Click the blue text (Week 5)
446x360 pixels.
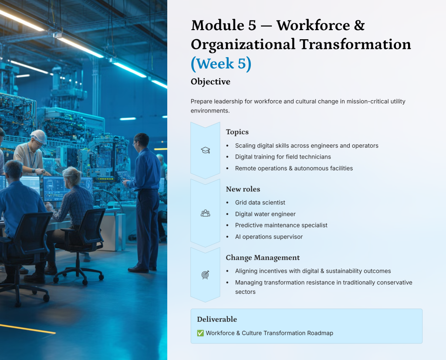click(221, 64)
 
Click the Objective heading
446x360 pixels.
click(210, 82)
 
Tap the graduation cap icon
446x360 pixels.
click(206, 150)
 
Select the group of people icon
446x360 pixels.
click(206, 213)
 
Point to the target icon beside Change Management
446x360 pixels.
click(206, 275)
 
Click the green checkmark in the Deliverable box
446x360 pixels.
click(200, 333)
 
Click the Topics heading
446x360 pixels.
click(237, 132)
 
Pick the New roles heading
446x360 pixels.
click(243, 189)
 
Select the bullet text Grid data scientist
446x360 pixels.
click(260, 202)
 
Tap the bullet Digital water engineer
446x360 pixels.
click(265, 214)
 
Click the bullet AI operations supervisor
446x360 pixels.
click(269, 237)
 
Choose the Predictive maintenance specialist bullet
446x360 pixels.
click(281, 225)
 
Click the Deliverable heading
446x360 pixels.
click(217, 319)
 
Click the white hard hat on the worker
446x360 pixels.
click(39, 136)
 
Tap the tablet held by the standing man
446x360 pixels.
click(124, 175)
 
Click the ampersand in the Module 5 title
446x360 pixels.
click(359, 25)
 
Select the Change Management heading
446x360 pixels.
click(263, 258)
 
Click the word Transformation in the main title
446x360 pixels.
click(355, 44)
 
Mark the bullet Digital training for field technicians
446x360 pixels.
click(283, 157)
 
